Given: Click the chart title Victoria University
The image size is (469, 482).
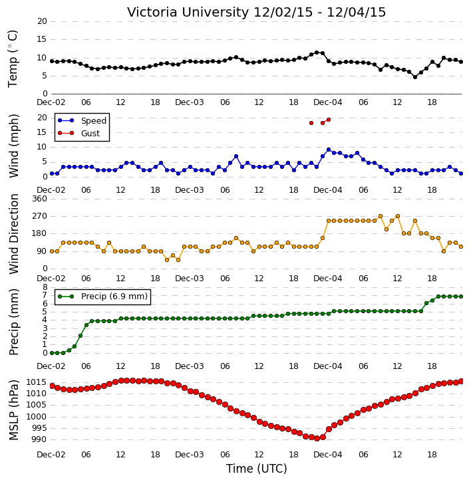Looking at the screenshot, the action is [188, 13].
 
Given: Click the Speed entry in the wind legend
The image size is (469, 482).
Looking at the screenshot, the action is [82, 120].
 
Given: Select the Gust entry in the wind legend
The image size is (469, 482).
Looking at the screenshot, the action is [78, 133].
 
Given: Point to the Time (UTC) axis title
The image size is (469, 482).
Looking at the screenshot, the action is [257, 469].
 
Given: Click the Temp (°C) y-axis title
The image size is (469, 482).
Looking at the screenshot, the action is [13, 59].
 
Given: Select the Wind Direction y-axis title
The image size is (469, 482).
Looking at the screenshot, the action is [13, 234].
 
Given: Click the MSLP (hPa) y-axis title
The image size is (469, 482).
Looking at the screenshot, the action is [13, 410].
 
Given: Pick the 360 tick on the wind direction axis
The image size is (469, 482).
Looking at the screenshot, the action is [40, 199].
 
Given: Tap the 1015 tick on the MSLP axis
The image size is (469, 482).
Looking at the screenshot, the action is [37, 382].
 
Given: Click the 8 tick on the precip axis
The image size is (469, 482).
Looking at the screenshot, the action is [45, 287].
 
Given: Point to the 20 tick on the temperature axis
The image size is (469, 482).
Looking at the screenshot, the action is [42, 21].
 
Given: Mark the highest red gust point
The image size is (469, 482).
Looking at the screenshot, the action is [329, 120].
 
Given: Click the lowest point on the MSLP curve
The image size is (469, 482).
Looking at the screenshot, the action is [317, 438].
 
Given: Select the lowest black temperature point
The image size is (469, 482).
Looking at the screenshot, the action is [415, 77].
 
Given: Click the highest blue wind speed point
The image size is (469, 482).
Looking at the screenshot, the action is [329, 150].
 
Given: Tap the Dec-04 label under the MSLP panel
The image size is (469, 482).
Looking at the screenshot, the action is [327, 455].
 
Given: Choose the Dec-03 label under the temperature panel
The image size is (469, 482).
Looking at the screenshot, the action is [189, 102].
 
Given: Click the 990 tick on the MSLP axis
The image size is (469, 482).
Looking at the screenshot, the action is [39, 439].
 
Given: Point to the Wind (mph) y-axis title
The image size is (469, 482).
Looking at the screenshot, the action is [13, 146].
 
